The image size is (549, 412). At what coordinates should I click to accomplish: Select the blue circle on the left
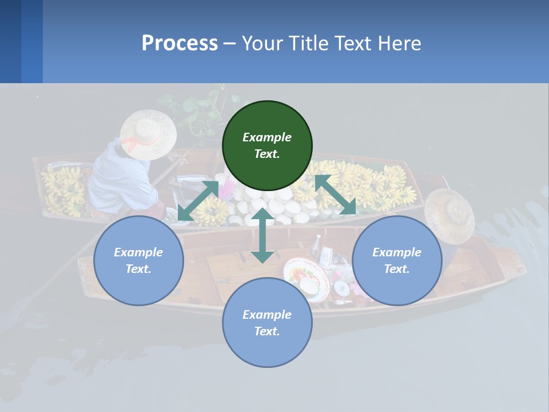coord(138,260)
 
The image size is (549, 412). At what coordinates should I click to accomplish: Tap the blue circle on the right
coord(397,260)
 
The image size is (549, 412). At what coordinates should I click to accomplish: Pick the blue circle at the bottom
coord(267,323)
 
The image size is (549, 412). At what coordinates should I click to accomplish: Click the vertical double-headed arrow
coord(262,235)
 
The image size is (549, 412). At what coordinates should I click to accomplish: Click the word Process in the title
coord(180,43)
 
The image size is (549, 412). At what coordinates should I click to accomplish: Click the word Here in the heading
coord(400,43)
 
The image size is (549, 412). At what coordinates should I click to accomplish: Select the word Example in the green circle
coord(267,137)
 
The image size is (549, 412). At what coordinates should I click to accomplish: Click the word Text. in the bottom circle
coord(267,331)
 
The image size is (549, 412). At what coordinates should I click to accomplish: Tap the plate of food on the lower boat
coord(307,279)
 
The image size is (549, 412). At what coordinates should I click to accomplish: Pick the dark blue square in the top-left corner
coord(10,41)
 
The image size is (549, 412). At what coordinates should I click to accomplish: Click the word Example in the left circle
coord(138,252)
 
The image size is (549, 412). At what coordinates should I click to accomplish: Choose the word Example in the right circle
coord(397,252)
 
